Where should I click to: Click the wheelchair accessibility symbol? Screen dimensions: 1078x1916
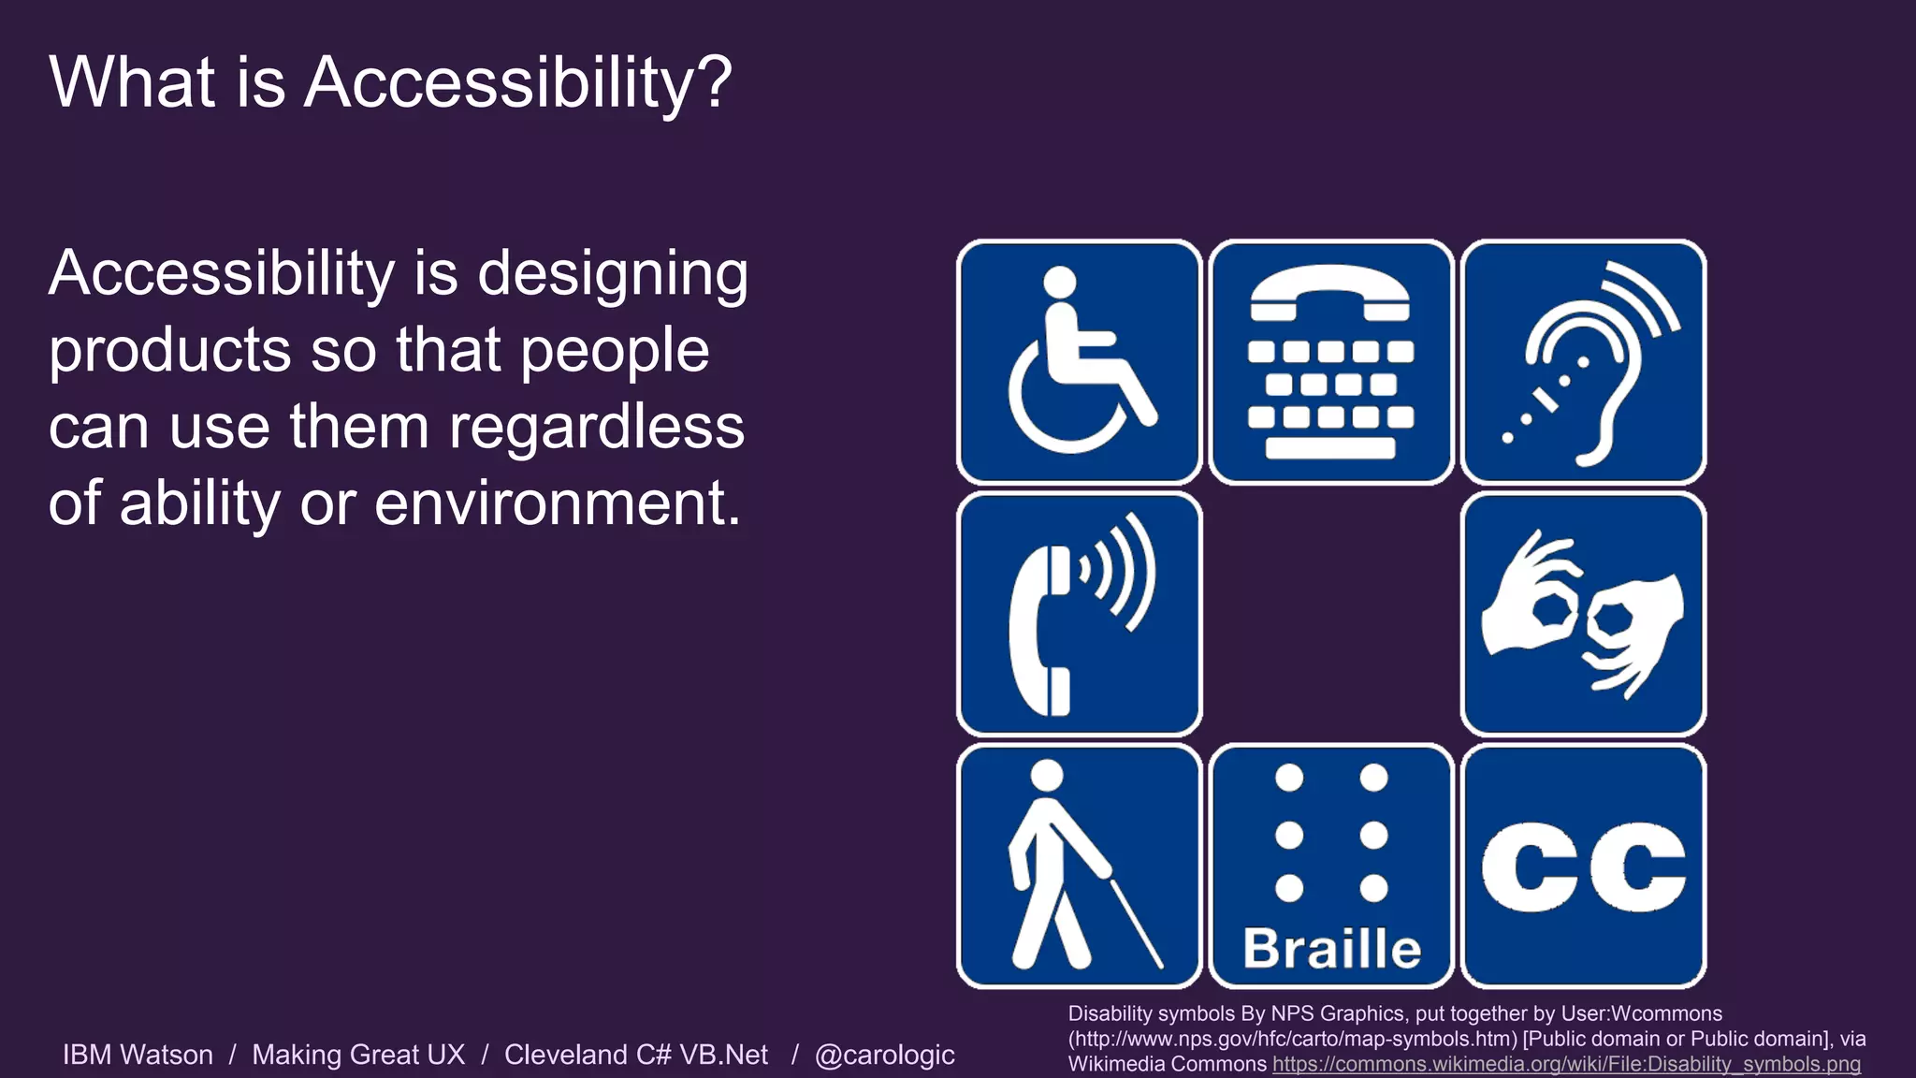click(x=1079, y=362)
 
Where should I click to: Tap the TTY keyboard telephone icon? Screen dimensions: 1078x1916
click(x=1330, y=362)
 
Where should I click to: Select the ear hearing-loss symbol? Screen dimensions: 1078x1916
click(x=1583, y=362)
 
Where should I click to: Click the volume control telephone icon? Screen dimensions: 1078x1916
click(x=1079, y=614)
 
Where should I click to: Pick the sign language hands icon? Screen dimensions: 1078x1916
click(x=1583, y=614)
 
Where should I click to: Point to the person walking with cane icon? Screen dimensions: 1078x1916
click(x=1079, y=866)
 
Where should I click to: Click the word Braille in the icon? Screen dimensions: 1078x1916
click(x=1331, y=948)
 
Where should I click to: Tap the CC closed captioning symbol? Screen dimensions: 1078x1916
click(x=1583, y=866)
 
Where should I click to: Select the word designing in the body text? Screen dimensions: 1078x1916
click(x=613, y=275)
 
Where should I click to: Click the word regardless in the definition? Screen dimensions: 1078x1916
click(x=596, y=428)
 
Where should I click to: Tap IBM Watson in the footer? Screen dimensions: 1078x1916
click(x=138, y=1055)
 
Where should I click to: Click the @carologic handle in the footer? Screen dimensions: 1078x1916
click(x=884, y=1055)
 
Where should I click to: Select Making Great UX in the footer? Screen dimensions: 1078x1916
click(x=358, y=1055)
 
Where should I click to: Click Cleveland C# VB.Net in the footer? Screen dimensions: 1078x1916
click(x=636, y=1055)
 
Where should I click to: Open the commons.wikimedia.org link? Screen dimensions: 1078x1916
click(x=1566, y=1065)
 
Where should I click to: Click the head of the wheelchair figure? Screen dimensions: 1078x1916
click(x=1060, y=282)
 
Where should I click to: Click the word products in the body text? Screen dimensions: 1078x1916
click(x=169, y=352)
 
